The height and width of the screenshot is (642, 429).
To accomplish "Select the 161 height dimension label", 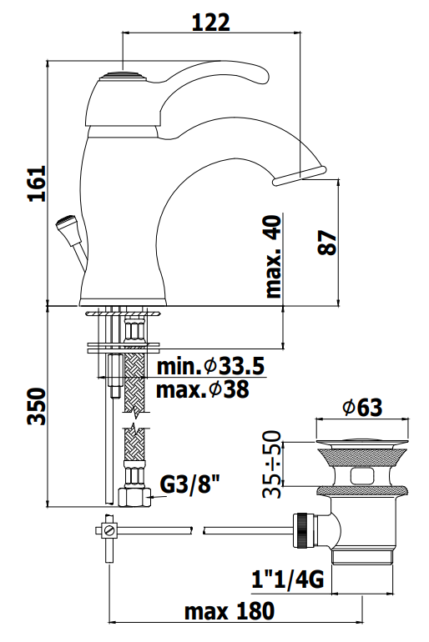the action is (37, 183).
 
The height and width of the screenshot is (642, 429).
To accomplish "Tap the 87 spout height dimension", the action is (327, 243).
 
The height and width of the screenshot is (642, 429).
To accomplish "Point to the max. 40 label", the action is (274, 256).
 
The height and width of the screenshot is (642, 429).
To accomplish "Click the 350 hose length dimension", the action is (36, 406).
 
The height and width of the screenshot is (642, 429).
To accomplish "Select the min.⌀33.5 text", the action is (210, 366).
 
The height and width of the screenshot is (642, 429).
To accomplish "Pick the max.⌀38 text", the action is (203, 389).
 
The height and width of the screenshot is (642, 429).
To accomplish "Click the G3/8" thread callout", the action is (189, 484).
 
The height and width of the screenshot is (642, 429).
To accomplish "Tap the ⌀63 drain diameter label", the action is (362, 407).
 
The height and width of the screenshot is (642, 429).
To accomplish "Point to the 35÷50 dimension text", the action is (272, 464).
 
